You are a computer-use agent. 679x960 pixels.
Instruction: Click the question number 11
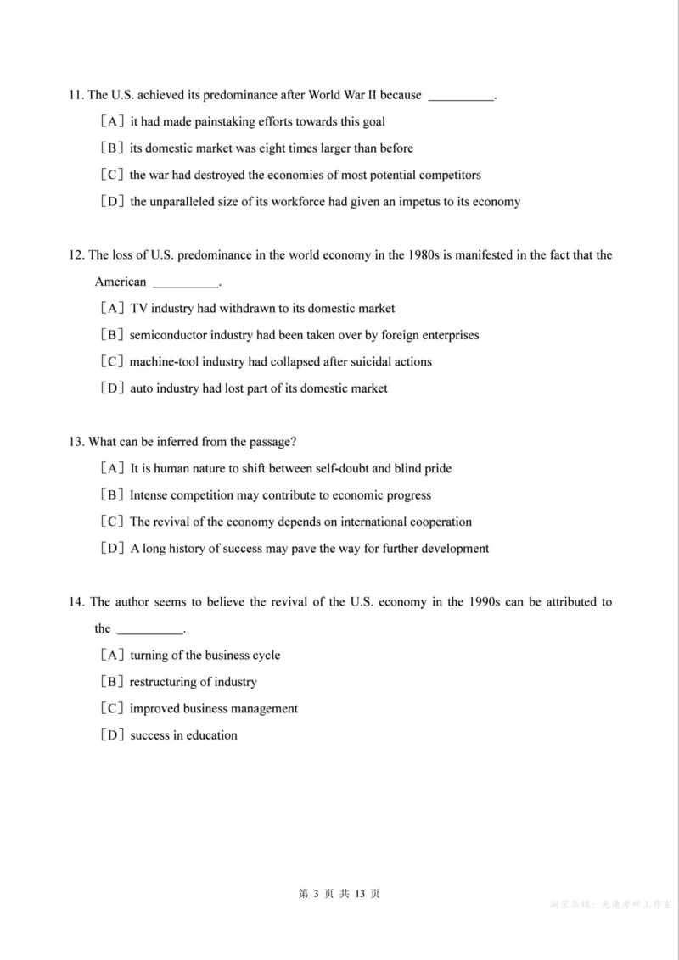[x=76, y=95]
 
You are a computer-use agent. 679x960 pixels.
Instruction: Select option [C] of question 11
[x=112, y=175]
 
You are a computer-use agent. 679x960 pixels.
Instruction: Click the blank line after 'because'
[x=460, y=97]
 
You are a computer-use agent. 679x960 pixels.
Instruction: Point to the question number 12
[x=76, y=254]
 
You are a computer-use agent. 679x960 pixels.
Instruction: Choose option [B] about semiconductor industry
[x=112, y=335]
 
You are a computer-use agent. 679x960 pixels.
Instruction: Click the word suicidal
[x=367, y=361]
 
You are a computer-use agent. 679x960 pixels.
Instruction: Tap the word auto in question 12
[x=142, y=388]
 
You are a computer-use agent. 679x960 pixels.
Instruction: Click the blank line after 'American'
[x=185, y=283]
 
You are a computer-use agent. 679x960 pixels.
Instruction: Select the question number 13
[x=76, y=442]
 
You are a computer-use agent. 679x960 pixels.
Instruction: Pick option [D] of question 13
[x=112, y=549]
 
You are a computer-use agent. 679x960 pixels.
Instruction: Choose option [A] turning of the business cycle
[x=112, y=655]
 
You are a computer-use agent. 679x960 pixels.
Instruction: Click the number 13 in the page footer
[x=360, y=894]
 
